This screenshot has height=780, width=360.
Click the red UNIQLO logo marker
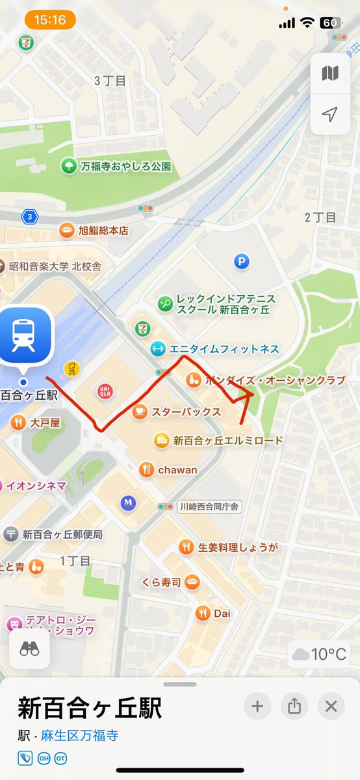[x=104, y=390]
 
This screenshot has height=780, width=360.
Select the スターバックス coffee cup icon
[x=138, y=411]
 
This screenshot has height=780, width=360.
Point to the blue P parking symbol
[x=242, y=262]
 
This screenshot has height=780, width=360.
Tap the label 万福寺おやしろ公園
[x=125, y=166]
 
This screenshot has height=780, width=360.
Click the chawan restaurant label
[x=177, y=469]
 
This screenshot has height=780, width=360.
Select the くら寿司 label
[x=161, y=582]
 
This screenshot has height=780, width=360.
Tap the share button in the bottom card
[x=294, y=706]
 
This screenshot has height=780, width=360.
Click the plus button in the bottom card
[x=257, y=706]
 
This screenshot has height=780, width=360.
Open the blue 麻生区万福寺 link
[x=79, y=736]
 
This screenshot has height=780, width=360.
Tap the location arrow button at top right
[x=330, y=115]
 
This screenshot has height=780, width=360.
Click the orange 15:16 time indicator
[x=51, y=20]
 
